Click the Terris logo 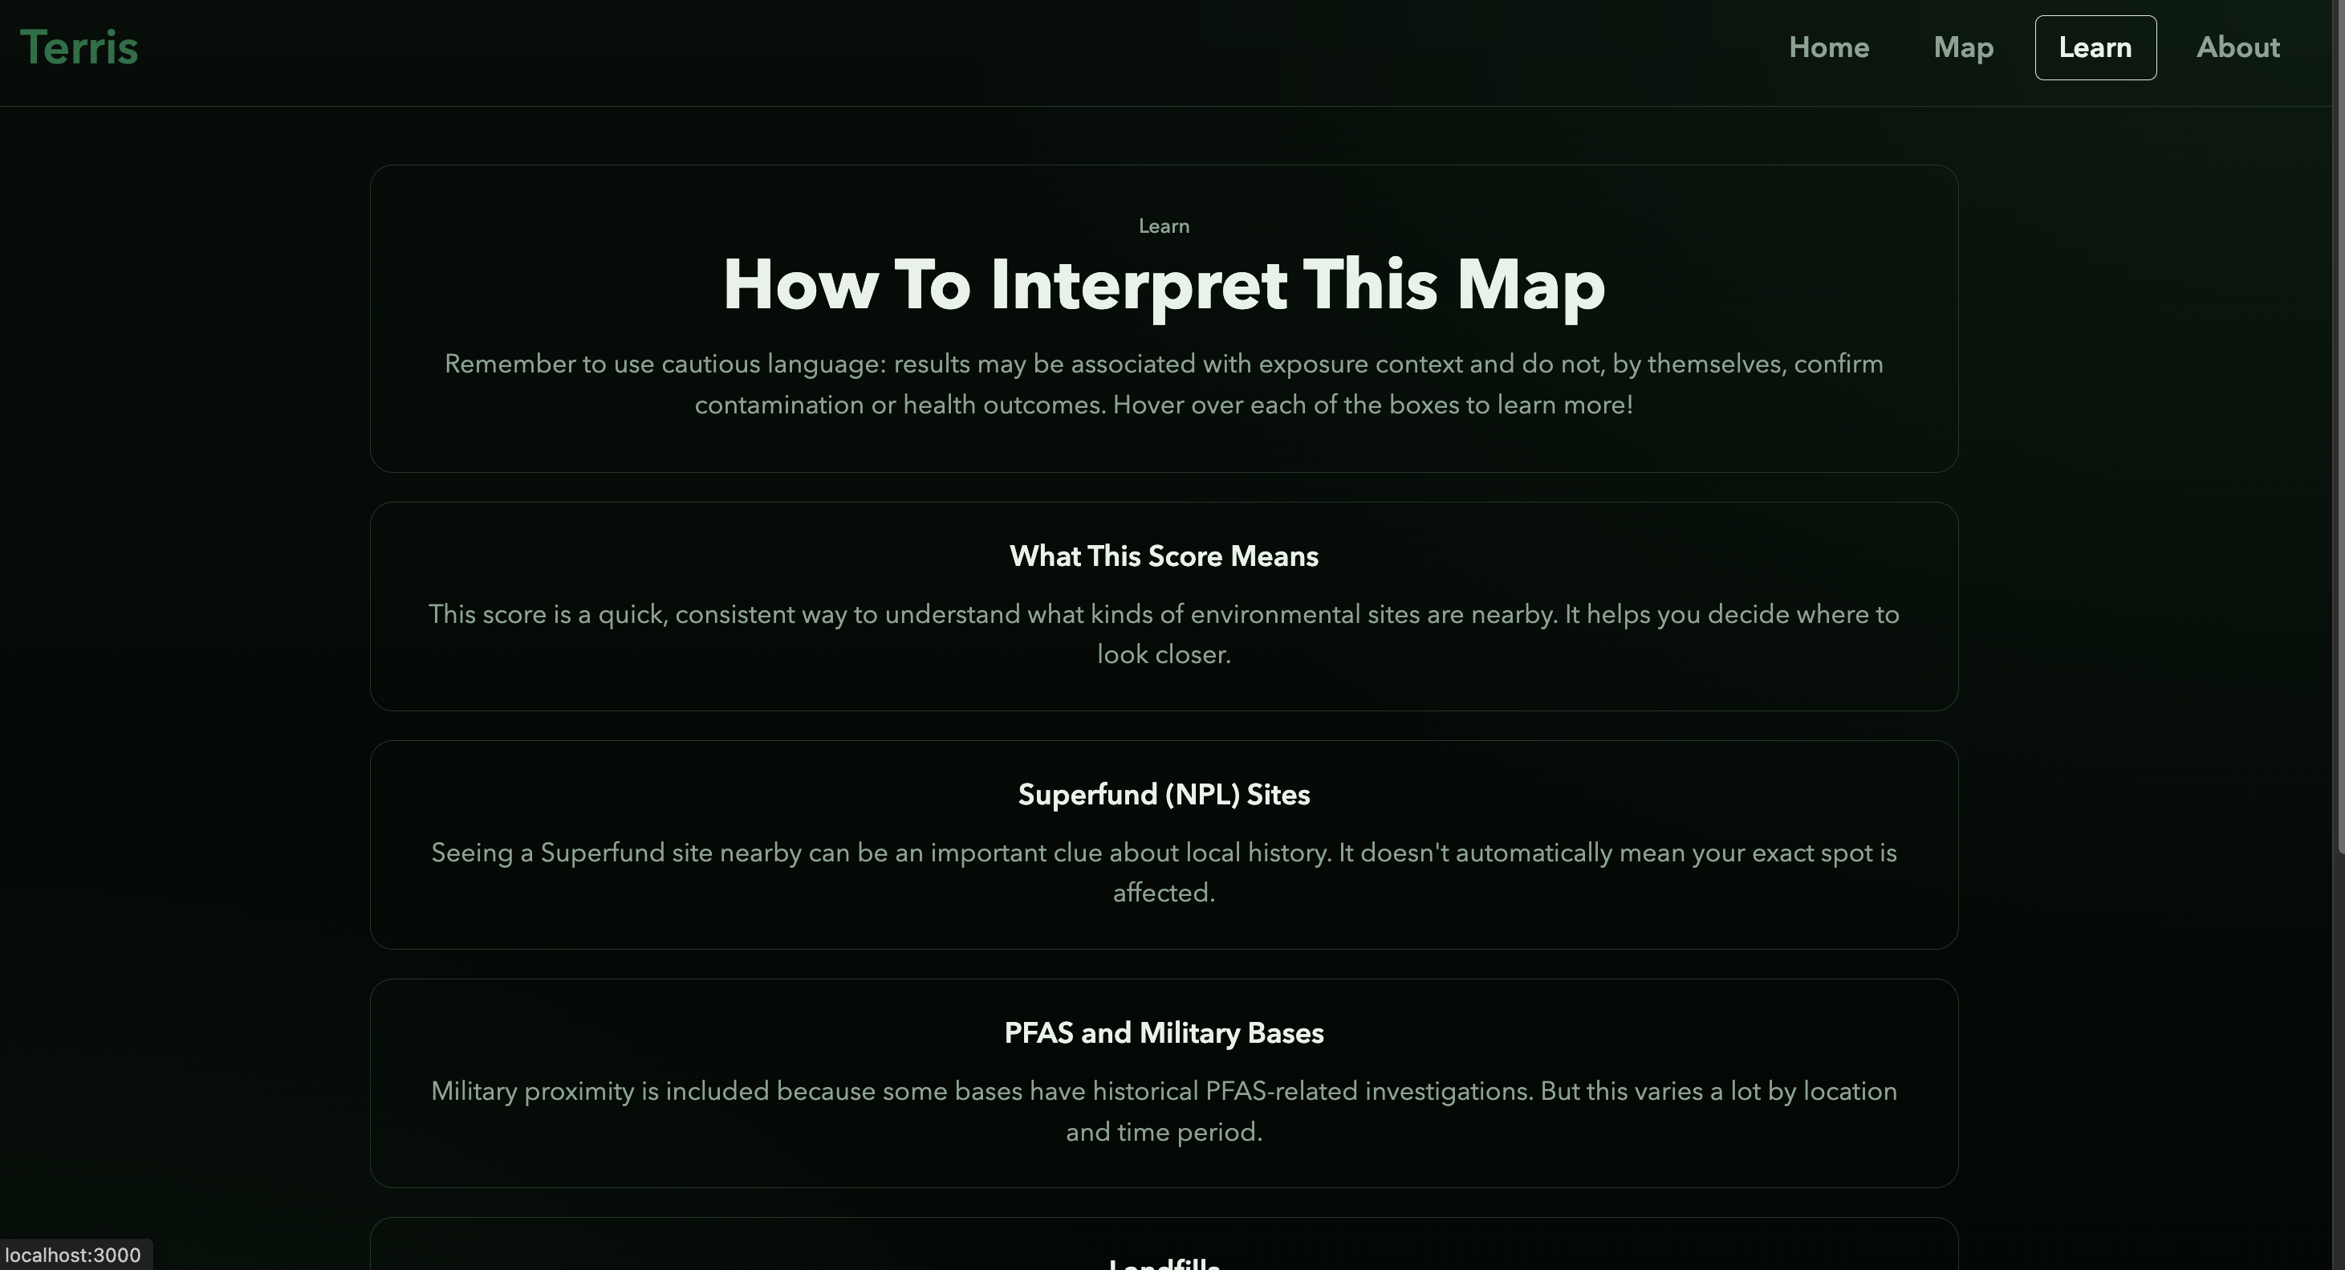click(79, 47)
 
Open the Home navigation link click(1828, 47)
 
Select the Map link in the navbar click(1963, 47)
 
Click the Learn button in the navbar click(2095, 47)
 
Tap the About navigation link click(2237, 47)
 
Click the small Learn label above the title click(1164, 226)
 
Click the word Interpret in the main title click(1138, 286)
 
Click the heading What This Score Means click(1164, 556)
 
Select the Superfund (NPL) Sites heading click(1164, 795)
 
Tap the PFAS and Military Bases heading click(1164, 1033)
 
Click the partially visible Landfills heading click(1164, 1262)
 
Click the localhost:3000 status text click(73, 1255)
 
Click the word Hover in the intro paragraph click(1148, 405)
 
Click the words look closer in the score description click(1163, 654)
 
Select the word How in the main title click(800, 286)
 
